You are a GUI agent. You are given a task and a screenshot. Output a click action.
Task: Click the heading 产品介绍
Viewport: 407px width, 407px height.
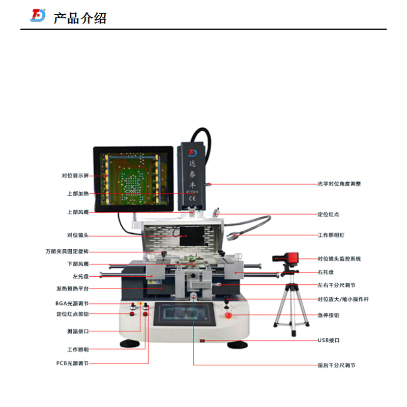click(x=80, y=18)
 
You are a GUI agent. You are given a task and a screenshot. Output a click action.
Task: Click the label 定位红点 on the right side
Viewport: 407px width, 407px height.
click(x=328, y=215)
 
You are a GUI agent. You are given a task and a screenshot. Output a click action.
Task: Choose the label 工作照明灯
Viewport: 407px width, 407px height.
click(x=332, y=236)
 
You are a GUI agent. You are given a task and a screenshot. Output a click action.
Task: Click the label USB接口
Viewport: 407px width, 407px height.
click(x=329, y=340)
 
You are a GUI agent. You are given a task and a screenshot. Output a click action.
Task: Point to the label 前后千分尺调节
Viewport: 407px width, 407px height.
click(x=336, y=365)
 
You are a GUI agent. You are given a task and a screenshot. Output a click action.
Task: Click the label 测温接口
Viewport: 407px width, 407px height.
click(x=78, y=331)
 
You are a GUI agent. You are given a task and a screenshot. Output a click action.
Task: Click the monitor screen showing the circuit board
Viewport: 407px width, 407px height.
click(x=133, y=179)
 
